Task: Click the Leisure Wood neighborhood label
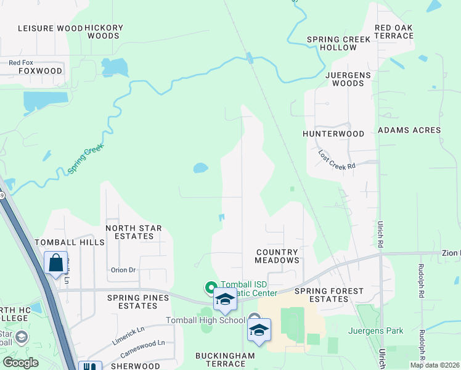[x=50, y=28]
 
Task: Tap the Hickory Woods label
[x=104, y=32]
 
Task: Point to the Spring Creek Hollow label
[x=339, y=43]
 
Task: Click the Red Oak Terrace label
[x=394, y=32]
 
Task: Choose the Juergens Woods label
[x=345, y=79]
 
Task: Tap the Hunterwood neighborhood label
[x=333, y=133]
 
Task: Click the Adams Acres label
[x=409, y=130]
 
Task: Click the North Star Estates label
[x=134, y=232]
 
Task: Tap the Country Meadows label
[x=277, y=256]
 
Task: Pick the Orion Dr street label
[x=123, y=270]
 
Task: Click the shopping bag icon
[x=56, y=263]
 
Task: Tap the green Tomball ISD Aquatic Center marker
[x=210, y=287]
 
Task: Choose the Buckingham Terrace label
[x=221, y=360]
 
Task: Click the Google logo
[x=21, y=362]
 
